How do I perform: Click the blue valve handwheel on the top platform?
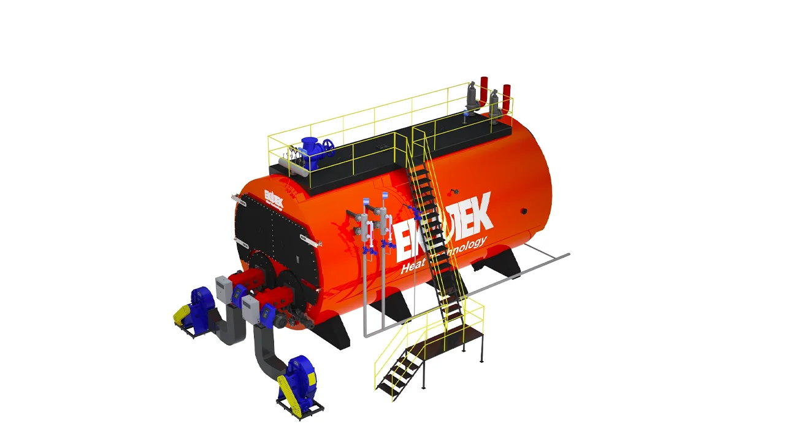(x=329, y=146)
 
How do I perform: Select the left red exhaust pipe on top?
(x=484, y=90)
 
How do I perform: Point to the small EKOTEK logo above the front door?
(x=274, y=196)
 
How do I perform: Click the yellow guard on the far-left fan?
(x=182, y=314)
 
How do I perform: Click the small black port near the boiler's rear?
(x=524, y=211)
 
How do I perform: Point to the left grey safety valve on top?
(x=472, y=97)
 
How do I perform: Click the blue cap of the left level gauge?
(x=366, y=201)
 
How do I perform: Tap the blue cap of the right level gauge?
(x=385, y=195)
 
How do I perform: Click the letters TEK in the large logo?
(x=470, y=220)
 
